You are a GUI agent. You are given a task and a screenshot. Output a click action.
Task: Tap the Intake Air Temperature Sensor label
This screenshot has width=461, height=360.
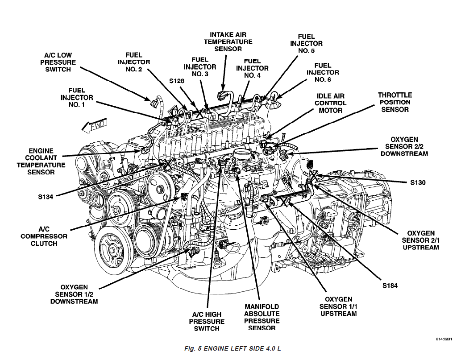[228, 41]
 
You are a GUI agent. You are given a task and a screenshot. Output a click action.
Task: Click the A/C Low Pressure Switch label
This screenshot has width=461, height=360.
[58, 62]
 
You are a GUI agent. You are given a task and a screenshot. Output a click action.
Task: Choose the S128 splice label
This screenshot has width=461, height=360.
[177, 82]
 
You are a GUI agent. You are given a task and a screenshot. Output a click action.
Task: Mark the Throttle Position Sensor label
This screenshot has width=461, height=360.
[395, 102]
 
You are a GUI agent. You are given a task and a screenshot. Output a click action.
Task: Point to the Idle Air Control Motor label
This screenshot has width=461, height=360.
[330, 103]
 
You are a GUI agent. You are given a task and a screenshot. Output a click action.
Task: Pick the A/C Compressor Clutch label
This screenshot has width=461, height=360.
[44, 236]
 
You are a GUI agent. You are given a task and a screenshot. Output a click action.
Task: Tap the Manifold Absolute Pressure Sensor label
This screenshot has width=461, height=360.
[262, 317]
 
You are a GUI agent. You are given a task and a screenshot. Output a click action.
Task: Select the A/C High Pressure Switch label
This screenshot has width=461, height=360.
[207, 321]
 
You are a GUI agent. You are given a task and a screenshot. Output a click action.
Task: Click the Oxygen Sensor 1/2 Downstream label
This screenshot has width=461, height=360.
[74, 294]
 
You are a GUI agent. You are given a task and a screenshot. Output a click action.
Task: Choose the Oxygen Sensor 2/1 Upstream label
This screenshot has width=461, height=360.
[420, 240]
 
